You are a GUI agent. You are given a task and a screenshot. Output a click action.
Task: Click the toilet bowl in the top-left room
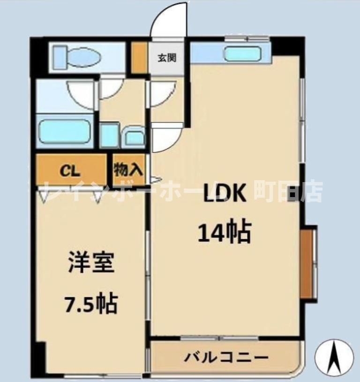(84, 58)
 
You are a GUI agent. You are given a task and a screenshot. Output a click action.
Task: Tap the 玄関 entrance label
(166, 58)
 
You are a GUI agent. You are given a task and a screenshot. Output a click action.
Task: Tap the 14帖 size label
(225, 231)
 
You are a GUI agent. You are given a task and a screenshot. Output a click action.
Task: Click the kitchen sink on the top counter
(242, 54)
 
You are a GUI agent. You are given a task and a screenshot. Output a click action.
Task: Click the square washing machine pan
(110, 135)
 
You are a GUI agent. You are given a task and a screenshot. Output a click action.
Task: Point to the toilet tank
(60, 58)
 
